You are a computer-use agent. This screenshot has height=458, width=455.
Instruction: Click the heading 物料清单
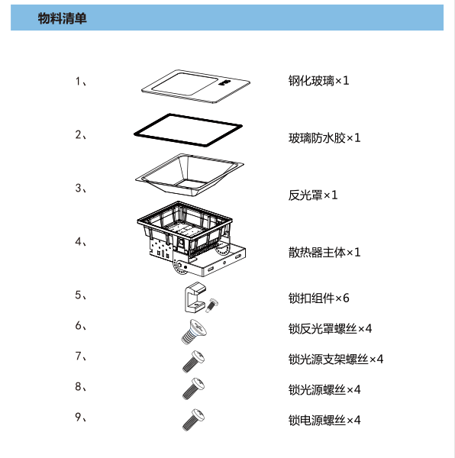pyautogui.click(x=62, y=18)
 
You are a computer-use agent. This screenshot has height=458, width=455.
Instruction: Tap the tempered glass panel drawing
pyautogui.click(x=195, y=86)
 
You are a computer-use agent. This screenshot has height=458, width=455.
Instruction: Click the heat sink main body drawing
pyautogui.click(x=191, y=239)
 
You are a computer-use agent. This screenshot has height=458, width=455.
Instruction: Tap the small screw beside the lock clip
pyautogui.click(x=211, y=305)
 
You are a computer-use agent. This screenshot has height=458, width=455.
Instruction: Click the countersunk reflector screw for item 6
pyautogui.click(x=194, y=332)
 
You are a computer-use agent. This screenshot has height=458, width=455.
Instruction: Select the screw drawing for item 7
pyautogui.click(x=193, y=362)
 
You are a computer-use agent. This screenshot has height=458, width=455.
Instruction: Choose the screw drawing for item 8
pyautogui.click(x=193, y=389)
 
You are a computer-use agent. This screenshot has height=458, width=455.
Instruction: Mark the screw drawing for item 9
pyautogui.click(x=193, y=420)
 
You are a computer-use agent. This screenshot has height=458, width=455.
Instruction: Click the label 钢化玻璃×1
pyautogui.click(x=318, y=81)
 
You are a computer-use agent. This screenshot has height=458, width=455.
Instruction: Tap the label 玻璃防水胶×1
pyautogui.click(x=324, y=138)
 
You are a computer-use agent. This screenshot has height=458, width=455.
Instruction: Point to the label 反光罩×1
pyautogui.click(x=313, y=195)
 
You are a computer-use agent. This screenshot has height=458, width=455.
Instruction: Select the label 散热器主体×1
pyautogui.click(x=324, y=253)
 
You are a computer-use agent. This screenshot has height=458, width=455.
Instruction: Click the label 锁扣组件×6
pyautogui.click(x=318, y=298)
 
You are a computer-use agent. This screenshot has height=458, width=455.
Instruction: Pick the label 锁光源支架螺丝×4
pyautogui.click(x=336, y=360)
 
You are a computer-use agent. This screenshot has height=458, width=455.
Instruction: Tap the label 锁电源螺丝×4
pyautogui.click(x=324, y=421)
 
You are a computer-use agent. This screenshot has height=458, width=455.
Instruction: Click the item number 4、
pyautogui.click(x=81, y=242)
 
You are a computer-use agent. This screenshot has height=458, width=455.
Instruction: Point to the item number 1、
pyautogui.click(x=81, y=82)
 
